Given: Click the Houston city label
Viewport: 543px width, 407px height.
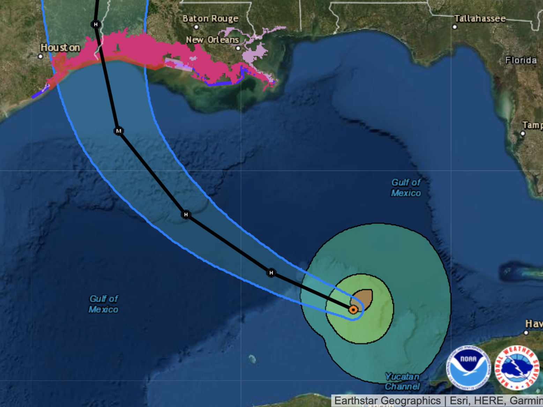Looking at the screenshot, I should point(60,47).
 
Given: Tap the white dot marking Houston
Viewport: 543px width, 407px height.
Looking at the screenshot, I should point(40,56).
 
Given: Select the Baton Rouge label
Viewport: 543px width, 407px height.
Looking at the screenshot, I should point(210,18).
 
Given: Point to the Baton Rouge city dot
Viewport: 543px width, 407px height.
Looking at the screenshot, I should point(196,27).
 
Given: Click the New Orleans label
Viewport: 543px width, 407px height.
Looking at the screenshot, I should point(212,40).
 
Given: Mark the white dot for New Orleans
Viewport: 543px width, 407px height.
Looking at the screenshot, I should point(238,48).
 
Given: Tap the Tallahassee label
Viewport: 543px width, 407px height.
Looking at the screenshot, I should point(480,18).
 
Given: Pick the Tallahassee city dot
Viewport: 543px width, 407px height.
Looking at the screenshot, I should point(455,27).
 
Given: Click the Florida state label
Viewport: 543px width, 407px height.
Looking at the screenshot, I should point(521,60).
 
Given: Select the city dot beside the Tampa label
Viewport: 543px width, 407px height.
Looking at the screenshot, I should point(523,133).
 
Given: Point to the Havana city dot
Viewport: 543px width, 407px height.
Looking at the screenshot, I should point(526,332).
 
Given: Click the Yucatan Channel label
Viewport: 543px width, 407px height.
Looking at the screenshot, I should point(402,381).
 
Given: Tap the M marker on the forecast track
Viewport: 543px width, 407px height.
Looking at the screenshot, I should point(119,131).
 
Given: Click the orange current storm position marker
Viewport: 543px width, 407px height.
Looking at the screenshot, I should point(353,309).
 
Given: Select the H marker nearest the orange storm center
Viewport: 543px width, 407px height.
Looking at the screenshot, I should point(271,273).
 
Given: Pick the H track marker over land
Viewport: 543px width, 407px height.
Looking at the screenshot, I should point(96,24).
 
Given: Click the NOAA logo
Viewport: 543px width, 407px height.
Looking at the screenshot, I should point(468,368).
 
